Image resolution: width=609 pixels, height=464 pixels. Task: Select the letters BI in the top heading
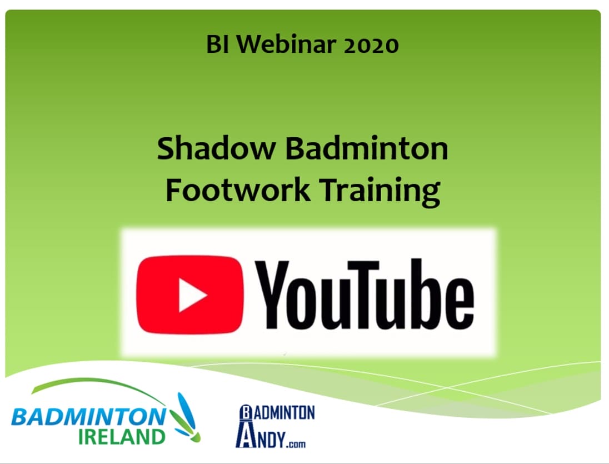point(216,44)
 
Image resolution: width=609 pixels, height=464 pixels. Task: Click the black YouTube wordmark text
point(367,295)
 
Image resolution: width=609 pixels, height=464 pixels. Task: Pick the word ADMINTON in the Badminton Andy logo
point(285,413)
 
